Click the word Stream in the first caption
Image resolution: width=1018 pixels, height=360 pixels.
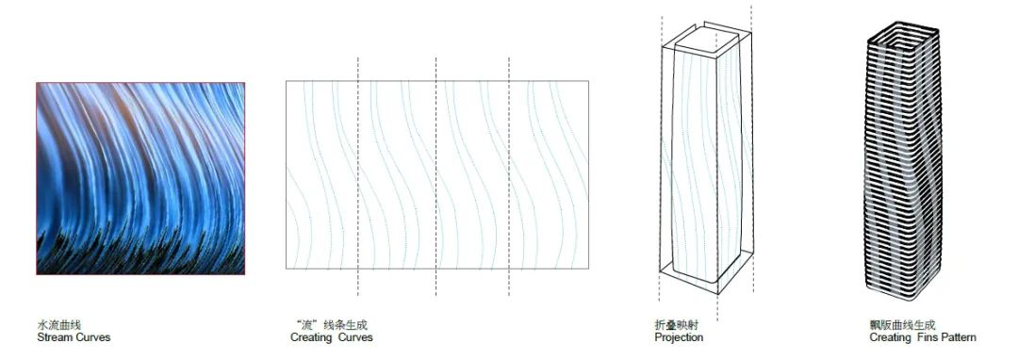pos(55,337)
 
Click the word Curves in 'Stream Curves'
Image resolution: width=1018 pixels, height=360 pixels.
pos(93,337)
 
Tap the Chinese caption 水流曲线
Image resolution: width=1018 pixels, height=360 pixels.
pos(59,325)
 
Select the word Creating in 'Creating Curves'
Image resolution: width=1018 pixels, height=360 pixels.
pos(311,338)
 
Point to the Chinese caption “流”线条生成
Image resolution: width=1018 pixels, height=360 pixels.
pos(329,325)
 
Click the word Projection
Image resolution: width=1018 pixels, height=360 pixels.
pos(679,338)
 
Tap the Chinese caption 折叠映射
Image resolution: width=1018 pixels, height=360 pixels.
pos(677,325)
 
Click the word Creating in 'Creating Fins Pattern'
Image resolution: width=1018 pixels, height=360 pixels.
pos(891,338)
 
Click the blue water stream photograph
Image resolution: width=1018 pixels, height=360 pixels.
pos(140,178)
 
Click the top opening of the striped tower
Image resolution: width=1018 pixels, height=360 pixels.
pos(904,39)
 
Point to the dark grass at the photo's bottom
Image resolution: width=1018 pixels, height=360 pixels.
pos(140,256)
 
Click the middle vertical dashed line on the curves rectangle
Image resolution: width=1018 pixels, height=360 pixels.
pos(435,176)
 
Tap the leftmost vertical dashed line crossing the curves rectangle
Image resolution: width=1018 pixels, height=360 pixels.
pos(358,176)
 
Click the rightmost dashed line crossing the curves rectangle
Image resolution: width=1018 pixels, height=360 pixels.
pos(508,176)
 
